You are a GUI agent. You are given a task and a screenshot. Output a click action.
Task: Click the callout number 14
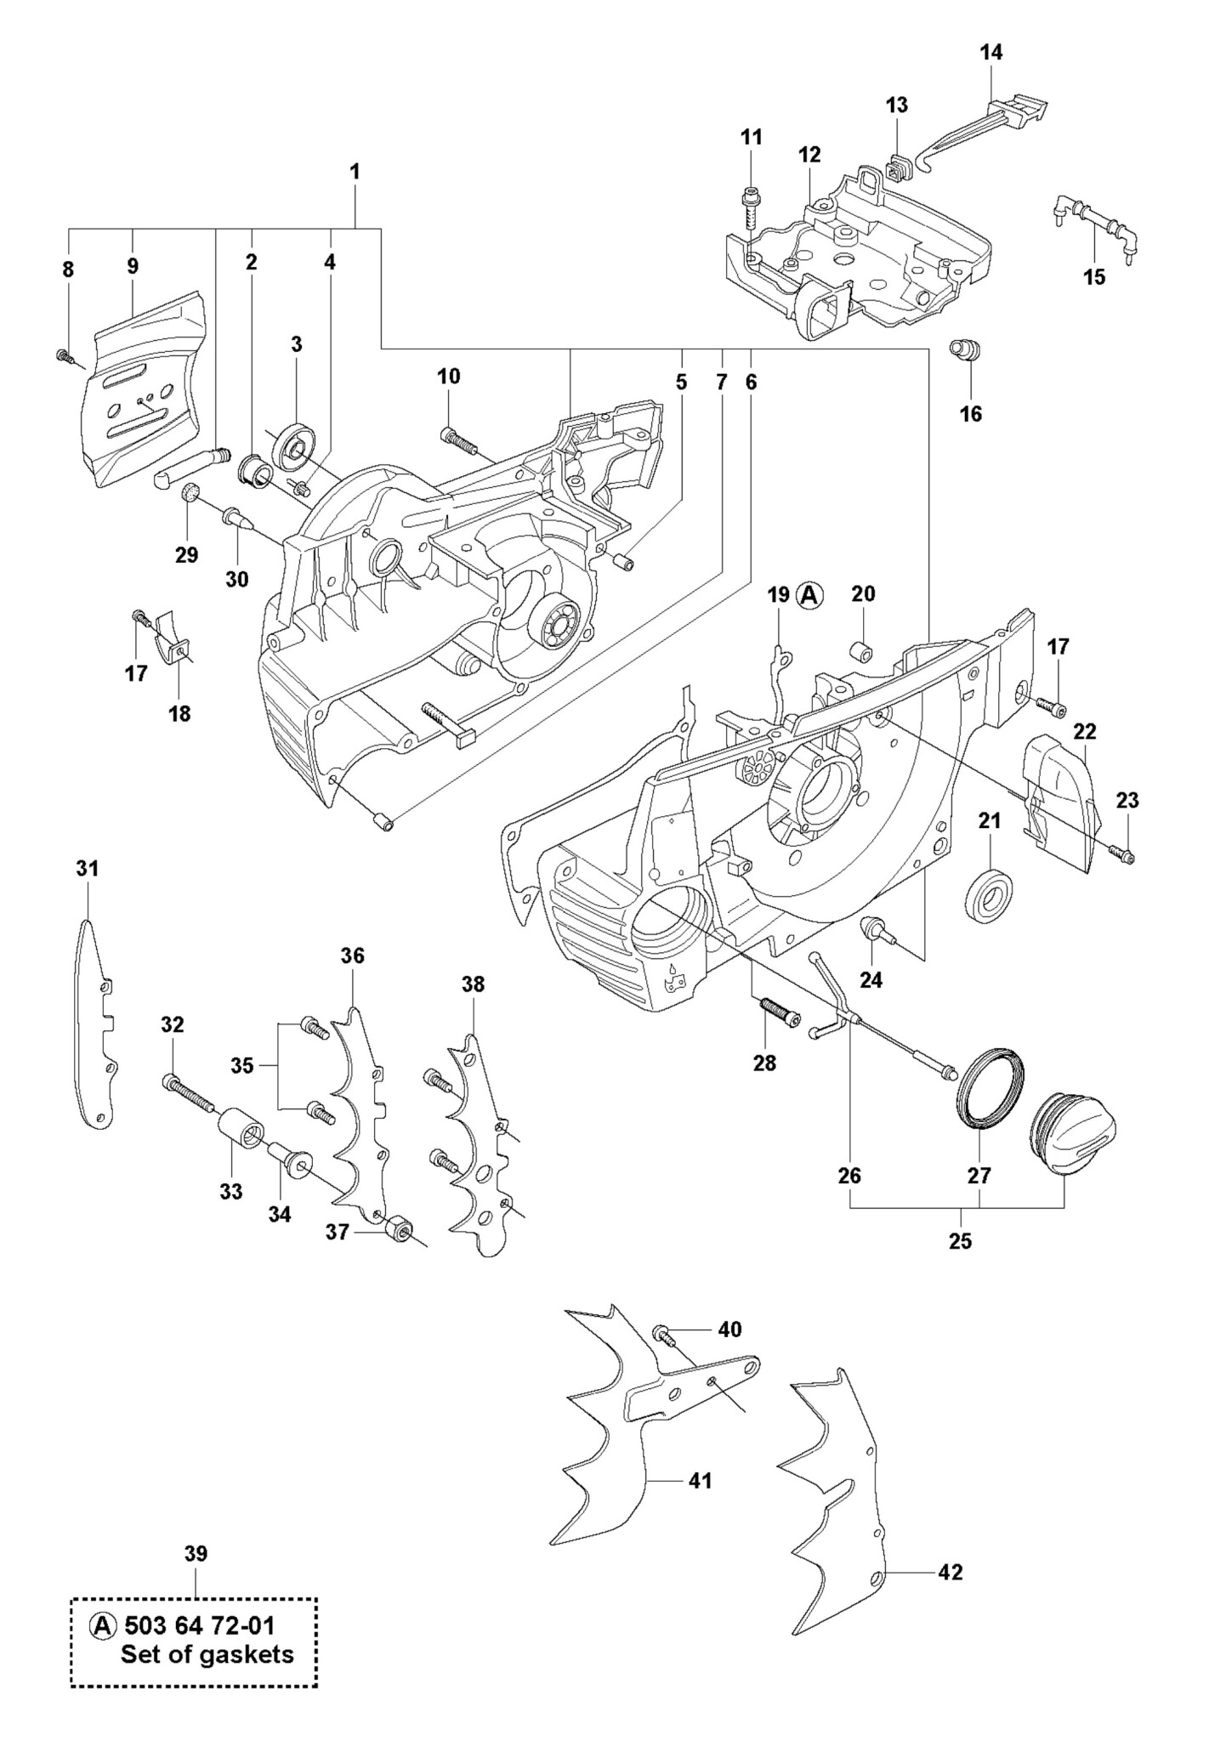tap(990, 53)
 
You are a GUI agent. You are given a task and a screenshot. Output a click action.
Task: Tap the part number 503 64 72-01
tap(200, 1626)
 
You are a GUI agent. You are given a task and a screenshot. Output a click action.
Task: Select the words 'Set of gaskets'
tap(207, 1654)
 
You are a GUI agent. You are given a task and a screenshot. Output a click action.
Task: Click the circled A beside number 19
tap(809, 595)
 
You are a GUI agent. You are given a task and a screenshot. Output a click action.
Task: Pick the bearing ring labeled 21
tap(990, 893)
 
